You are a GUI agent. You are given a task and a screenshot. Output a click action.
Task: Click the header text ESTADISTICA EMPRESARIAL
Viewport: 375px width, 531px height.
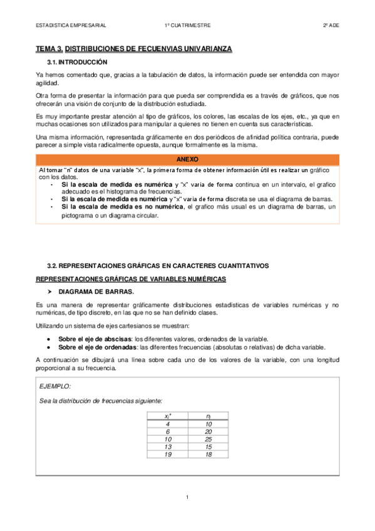tap(71, 26)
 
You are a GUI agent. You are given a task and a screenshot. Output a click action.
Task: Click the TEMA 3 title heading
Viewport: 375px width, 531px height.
tap(134, 48)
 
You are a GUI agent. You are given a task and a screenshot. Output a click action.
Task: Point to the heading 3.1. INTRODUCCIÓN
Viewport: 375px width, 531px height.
tap(78, 62)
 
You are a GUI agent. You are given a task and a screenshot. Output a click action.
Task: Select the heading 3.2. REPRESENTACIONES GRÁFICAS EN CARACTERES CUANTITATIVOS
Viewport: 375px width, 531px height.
tap(158, 265)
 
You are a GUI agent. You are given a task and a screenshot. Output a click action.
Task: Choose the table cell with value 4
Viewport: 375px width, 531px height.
tap(168, 423)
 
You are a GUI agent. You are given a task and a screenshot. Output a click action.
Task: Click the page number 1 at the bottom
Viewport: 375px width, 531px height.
tap(187, 497)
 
